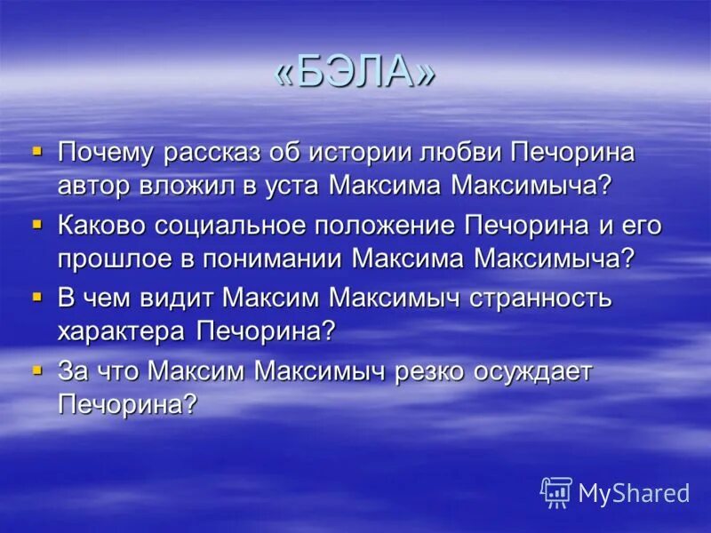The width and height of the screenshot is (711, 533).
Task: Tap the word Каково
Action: tap(99, 225)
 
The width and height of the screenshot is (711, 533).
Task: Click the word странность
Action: tap(540, 298)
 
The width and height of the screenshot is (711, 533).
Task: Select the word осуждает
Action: tap(533, 370)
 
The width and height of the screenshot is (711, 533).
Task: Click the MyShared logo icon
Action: tap(556, 492)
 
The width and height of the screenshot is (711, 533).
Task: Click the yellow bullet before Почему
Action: tap(36, 151)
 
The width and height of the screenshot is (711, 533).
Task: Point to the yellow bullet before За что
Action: tap(36, 369)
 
